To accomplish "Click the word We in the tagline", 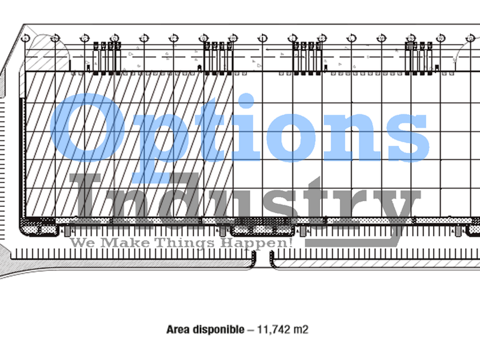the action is (82, 243).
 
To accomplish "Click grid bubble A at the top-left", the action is (25, 38).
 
